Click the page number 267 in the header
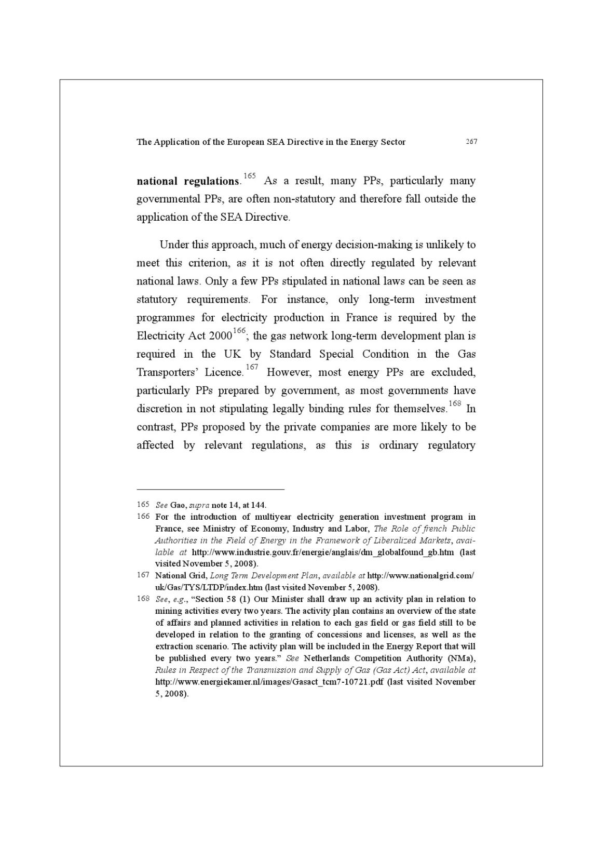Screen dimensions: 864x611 click(x=471, y=142)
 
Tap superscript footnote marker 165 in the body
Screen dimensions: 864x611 click(x=249, y=176)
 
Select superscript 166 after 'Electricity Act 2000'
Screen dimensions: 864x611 click(x=239, y=331)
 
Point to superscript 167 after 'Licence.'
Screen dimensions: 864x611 click(x=252, y=367)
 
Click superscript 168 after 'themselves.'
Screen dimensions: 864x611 click(x=455, y=403)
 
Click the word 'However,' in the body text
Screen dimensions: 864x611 click(x=288, y=372)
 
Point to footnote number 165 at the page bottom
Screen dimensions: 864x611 click(x=143, y=505)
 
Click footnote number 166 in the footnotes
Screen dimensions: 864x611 click(x=143, y=517)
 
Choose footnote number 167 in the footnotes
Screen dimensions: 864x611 click(x=143, y=575)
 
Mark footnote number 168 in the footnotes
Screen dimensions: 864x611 click(x=143, y=599)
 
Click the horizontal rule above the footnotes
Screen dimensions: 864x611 click(x=210, y=489)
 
